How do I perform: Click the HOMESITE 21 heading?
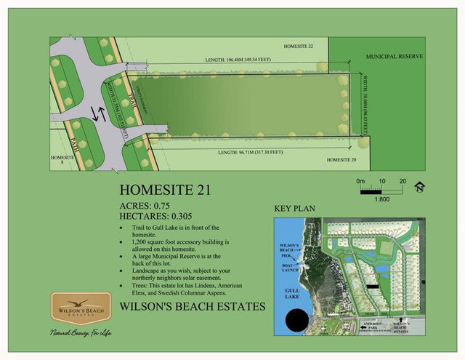tap(163, 191)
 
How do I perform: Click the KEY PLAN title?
tap(294, 209)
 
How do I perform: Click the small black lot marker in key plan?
tap(373, 287)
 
